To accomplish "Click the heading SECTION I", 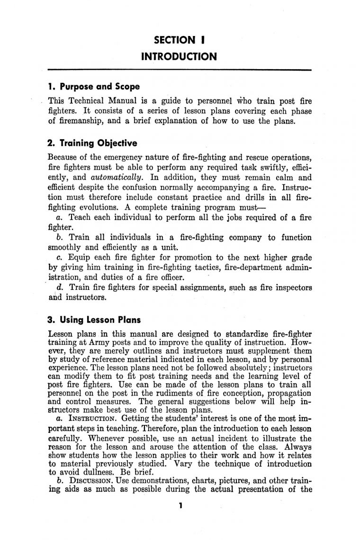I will pyautogui.click(x=179, y=40).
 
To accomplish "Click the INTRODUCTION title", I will pyautogui.click(x=179, y=57).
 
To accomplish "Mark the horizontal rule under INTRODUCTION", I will pyautogui.click(x=179, y=71).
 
